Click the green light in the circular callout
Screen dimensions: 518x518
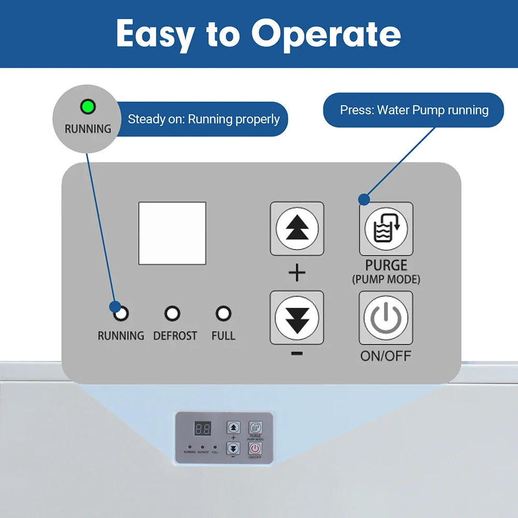point(88,107)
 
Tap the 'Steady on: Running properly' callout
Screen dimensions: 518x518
point(203,119)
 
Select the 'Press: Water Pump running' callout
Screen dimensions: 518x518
point(414,110)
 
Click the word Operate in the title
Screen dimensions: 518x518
point(326,34)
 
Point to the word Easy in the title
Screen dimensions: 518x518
point(155,34)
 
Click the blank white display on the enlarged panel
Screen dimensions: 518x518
point(172,233)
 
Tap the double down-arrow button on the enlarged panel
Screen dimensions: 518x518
point(297,318)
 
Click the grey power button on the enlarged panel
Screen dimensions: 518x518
point(386,318)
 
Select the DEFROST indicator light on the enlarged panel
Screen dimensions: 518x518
point(172,313)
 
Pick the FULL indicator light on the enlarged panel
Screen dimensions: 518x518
point(223,313)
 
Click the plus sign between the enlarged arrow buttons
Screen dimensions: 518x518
point(297,273)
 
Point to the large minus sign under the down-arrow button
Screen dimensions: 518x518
point(297,353)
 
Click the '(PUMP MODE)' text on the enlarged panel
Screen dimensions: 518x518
point(386,280)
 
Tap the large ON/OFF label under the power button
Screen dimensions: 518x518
point(386,356)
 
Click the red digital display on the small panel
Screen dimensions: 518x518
point(203,428)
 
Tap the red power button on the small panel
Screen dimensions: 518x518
point(255,448)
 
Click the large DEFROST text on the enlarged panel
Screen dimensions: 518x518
point(175,336)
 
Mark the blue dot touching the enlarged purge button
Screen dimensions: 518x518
point(364,199)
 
